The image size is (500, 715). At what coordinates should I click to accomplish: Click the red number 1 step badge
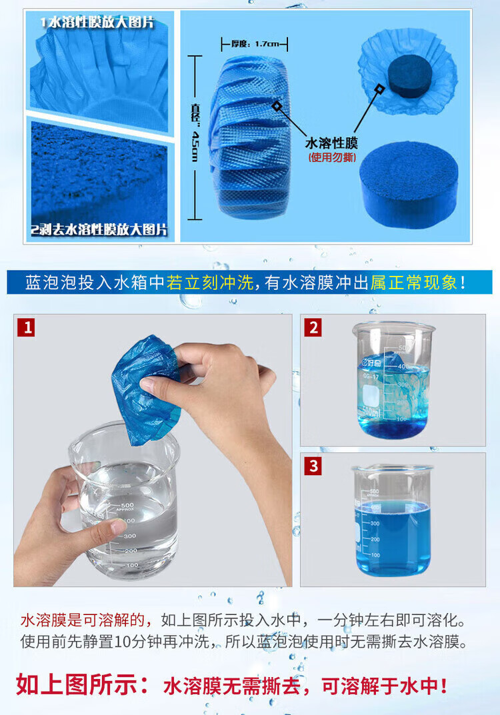pyautogui.click(x=27, y=327)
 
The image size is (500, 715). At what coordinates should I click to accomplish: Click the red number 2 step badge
pyautogui.click(x=313, y=327)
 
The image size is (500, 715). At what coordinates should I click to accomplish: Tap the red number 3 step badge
pyautogui.click(x=313, y=466)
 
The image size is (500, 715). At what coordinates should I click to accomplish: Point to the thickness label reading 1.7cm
pyautogui.click(x=255, y=44)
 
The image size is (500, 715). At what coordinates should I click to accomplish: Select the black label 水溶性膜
pyautogui.click(x=331, y=143)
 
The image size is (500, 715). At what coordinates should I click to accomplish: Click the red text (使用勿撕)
pyautogui.click(x=332, y=157)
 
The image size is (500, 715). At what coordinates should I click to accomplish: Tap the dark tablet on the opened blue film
pyautogui.click(x=409, y=75)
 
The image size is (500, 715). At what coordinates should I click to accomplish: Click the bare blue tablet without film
pyautogui.click(x=408, y=184)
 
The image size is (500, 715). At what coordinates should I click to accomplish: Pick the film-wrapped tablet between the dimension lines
pyautogui.click(x=249, y=135)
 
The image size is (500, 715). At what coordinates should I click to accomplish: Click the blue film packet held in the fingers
pyautogui.click(x=145, y=390)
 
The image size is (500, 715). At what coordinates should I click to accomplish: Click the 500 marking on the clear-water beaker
pyautogui.click(x=127, y=505)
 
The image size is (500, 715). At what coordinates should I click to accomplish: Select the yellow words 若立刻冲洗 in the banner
pyautogui.click(x=209, y=283)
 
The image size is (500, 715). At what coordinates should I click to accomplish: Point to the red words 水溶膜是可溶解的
pyautogui.click(x=82, y=620)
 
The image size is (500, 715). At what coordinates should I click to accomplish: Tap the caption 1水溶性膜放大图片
pyautogui.click(x=97, y=22)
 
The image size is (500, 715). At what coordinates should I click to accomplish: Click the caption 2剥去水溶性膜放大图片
pyautogui.click(x=99, y=229)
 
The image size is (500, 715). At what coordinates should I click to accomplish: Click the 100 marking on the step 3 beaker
pyautogui.click(x=375, y=555)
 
